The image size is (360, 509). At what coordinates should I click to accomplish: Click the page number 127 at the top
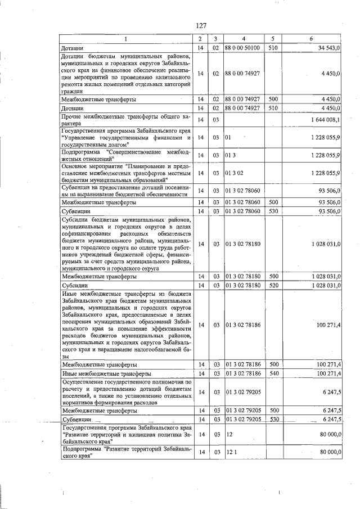pyautogui.click(x=202, y=25)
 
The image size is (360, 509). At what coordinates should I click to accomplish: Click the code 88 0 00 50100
pyautogui.click(x=242, y=48)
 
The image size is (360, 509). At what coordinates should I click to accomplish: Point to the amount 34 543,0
pyautogui.click(x=328, y=48)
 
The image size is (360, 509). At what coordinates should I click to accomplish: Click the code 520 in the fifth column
pyautogui.click(x=274, y=286)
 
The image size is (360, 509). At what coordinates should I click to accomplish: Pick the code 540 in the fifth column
pyautogui.click(x=274, y=373)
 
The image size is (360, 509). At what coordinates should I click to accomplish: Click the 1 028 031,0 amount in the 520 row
pyautogui.click(x=323, y=286)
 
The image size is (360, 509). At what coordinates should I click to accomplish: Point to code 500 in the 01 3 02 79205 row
pyautogui.click(x=274, y=411)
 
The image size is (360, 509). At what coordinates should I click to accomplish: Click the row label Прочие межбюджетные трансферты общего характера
pyautogui.click(x=127, y=119)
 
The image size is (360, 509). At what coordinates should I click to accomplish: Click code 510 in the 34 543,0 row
pyautogui.click(x=274, y=48)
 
